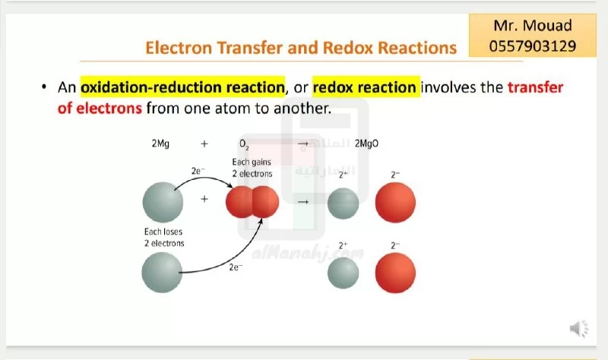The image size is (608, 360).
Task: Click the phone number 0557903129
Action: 533,46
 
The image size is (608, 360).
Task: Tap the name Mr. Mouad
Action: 533,26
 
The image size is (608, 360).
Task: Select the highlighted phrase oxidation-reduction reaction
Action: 182,87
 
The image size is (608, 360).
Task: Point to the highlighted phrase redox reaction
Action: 364,87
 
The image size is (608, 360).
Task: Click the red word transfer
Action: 536,87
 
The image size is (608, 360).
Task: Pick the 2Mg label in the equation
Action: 160,144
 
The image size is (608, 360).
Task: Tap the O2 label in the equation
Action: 244,144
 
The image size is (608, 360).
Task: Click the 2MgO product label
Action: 366,144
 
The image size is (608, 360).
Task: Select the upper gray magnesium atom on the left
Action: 163,202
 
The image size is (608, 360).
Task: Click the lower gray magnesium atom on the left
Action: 162,273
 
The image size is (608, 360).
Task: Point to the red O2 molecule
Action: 252,202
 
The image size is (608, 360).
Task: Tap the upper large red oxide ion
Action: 395,202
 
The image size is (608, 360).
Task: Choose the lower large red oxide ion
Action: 395,273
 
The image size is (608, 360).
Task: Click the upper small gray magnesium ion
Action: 344,204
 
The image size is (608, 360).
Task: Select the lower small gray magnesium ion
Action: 344,273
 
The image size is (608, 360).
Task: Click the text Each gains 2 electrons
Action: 252,168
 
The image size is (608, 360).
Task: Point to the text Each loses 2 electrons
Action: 164,238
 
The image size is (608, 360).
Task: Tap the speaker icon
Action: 579,329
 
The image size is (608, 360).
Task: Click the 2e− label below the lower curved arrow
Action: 236,267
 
